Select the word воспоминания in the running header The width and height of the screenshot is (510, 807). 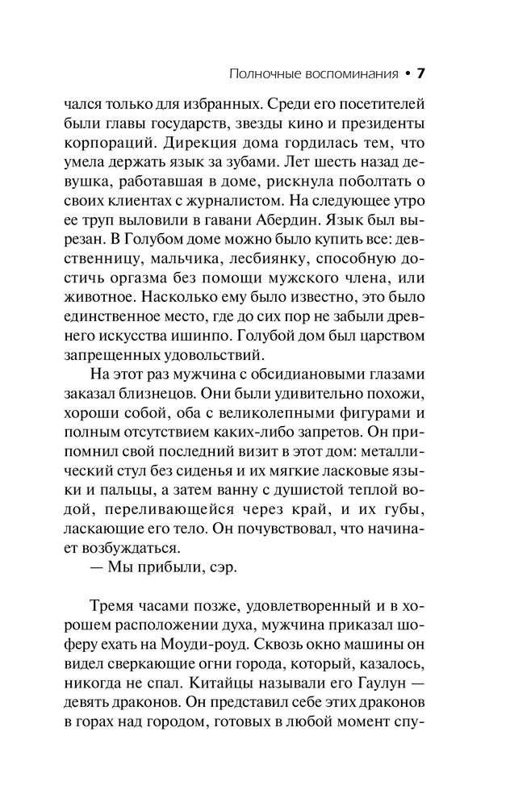[353, 74]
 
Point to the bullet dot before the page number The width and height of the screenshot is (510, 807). [408, 74]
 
